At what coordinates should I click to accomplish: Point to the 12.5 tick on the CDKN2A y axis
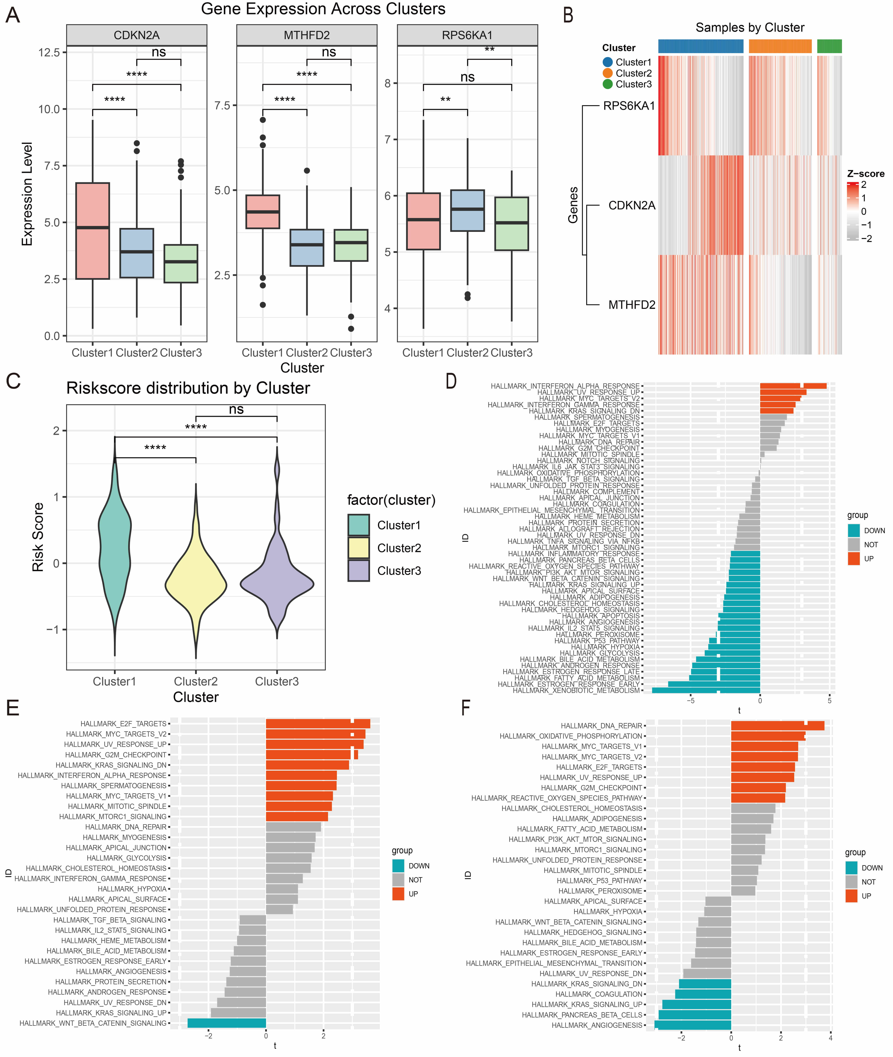49,53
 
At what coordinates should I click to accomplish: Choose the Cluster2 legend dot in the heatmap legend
607,73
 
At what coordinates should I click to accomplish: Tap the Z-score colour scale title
866,174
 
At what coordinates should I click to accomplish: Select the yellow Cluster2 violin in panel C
196,582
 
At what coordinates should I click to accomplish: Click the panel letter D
451,381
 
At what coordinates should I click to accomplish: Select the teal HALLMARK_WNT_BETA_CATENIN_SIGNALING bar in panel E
227,1023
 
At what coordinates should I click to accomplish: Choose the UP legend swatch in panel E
398,894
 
